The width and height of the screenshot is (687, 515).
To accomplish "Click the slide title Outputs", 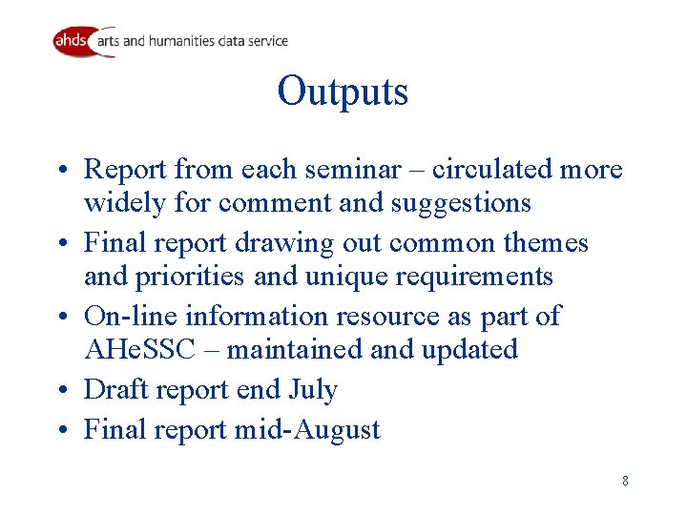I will pyautogui.click(x=343, y=92).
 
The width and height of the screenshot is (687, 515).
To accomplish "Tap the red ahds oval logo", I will pyautogui.click(x=73, y=41).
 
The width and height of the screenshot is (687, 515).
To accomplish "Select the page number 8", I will pyautogui.click(x=625, y=481).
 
